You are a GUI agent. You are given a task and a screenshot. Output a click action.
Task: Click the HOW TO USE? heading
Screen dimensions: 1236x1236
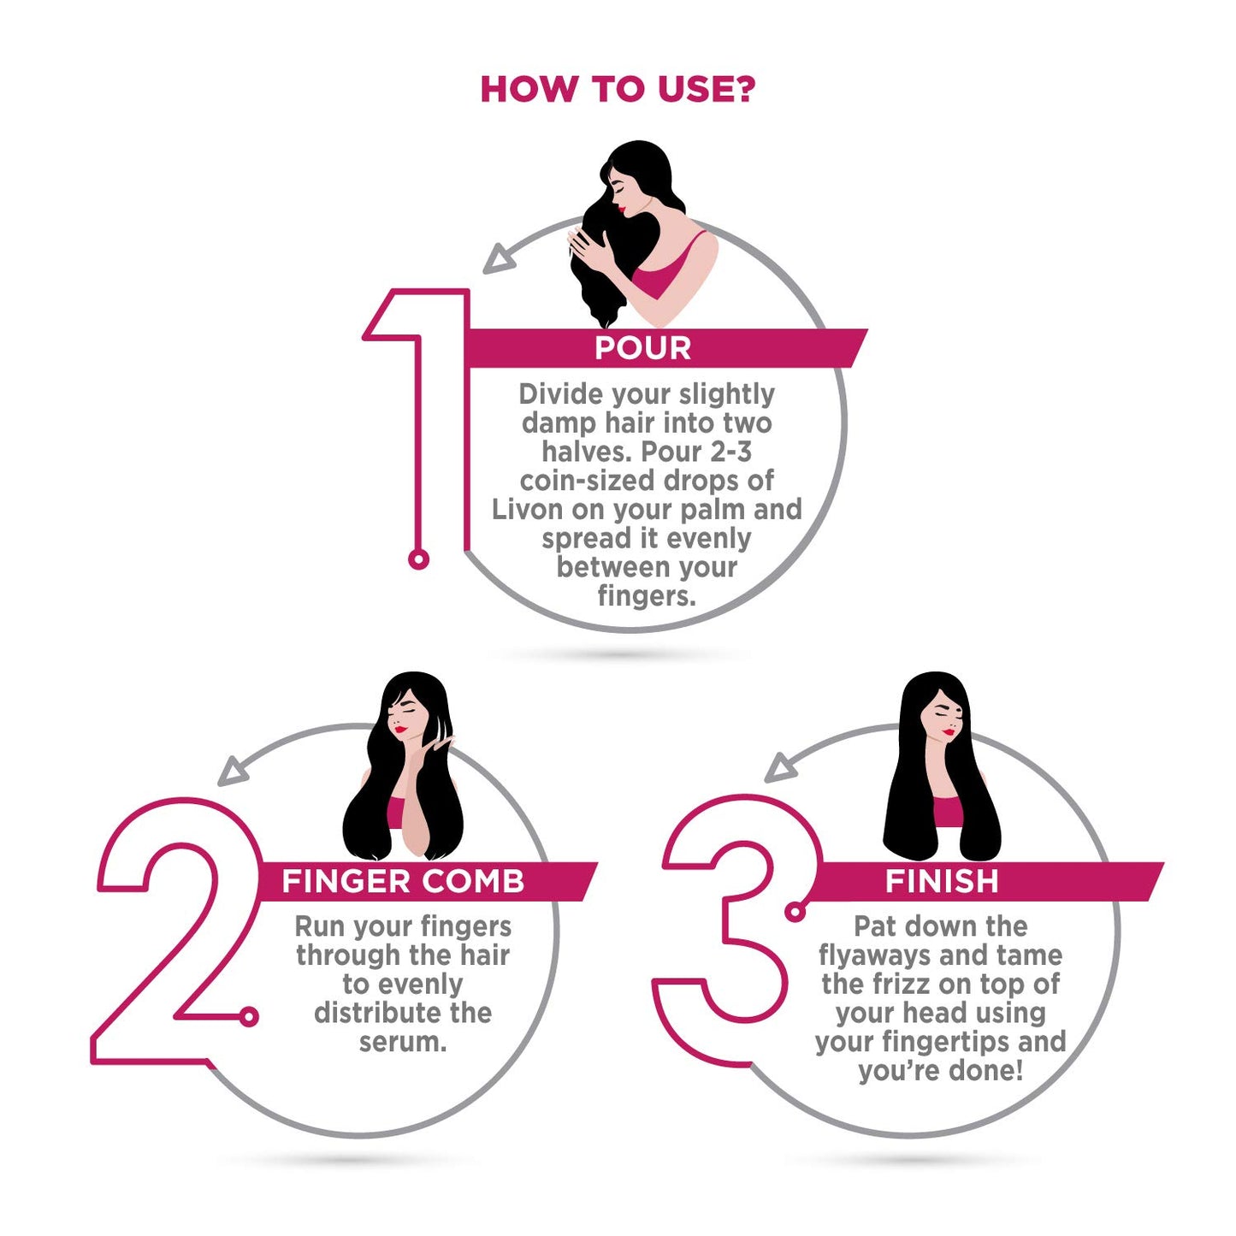pos(618,90)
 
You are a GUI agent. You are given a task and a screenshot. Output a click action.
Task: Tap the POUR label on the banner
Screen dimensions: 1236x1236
pos(642,348)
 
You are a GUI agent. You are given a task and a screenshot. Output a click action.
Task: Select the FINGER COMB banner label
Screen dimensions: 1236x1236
pos(403,881)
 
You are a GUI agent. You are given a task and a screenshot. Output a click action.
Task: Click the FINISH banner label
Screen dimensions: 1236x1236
pos(942,881)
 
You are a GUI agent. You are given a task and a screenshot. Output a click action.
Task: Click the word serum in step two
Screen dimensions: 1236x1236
pos(402,1042)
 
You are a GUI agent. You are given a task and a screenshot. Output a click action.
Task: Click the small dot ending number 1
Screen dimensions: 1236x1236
pos(418,559)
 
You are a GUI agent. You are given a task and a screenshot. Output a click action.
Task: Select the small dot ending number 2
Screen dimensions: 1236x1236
pos(249,1016)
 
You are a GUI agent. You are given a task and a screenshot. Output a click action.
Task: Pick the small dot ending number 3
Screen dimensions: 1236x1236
pos(795,912)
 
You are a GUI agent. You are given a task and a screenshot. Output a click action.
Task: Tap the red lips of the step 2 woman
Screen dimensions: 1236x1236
pos(399,730)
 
